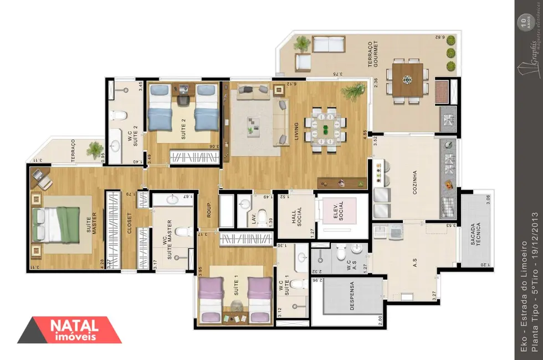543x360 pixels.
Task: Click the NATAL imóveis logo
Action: (x=69, y=330)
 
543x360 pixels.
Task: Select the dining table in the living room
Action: (x=325, y=131)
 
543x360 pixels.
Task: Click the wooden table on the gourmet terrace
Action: (x=407, y=80)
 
